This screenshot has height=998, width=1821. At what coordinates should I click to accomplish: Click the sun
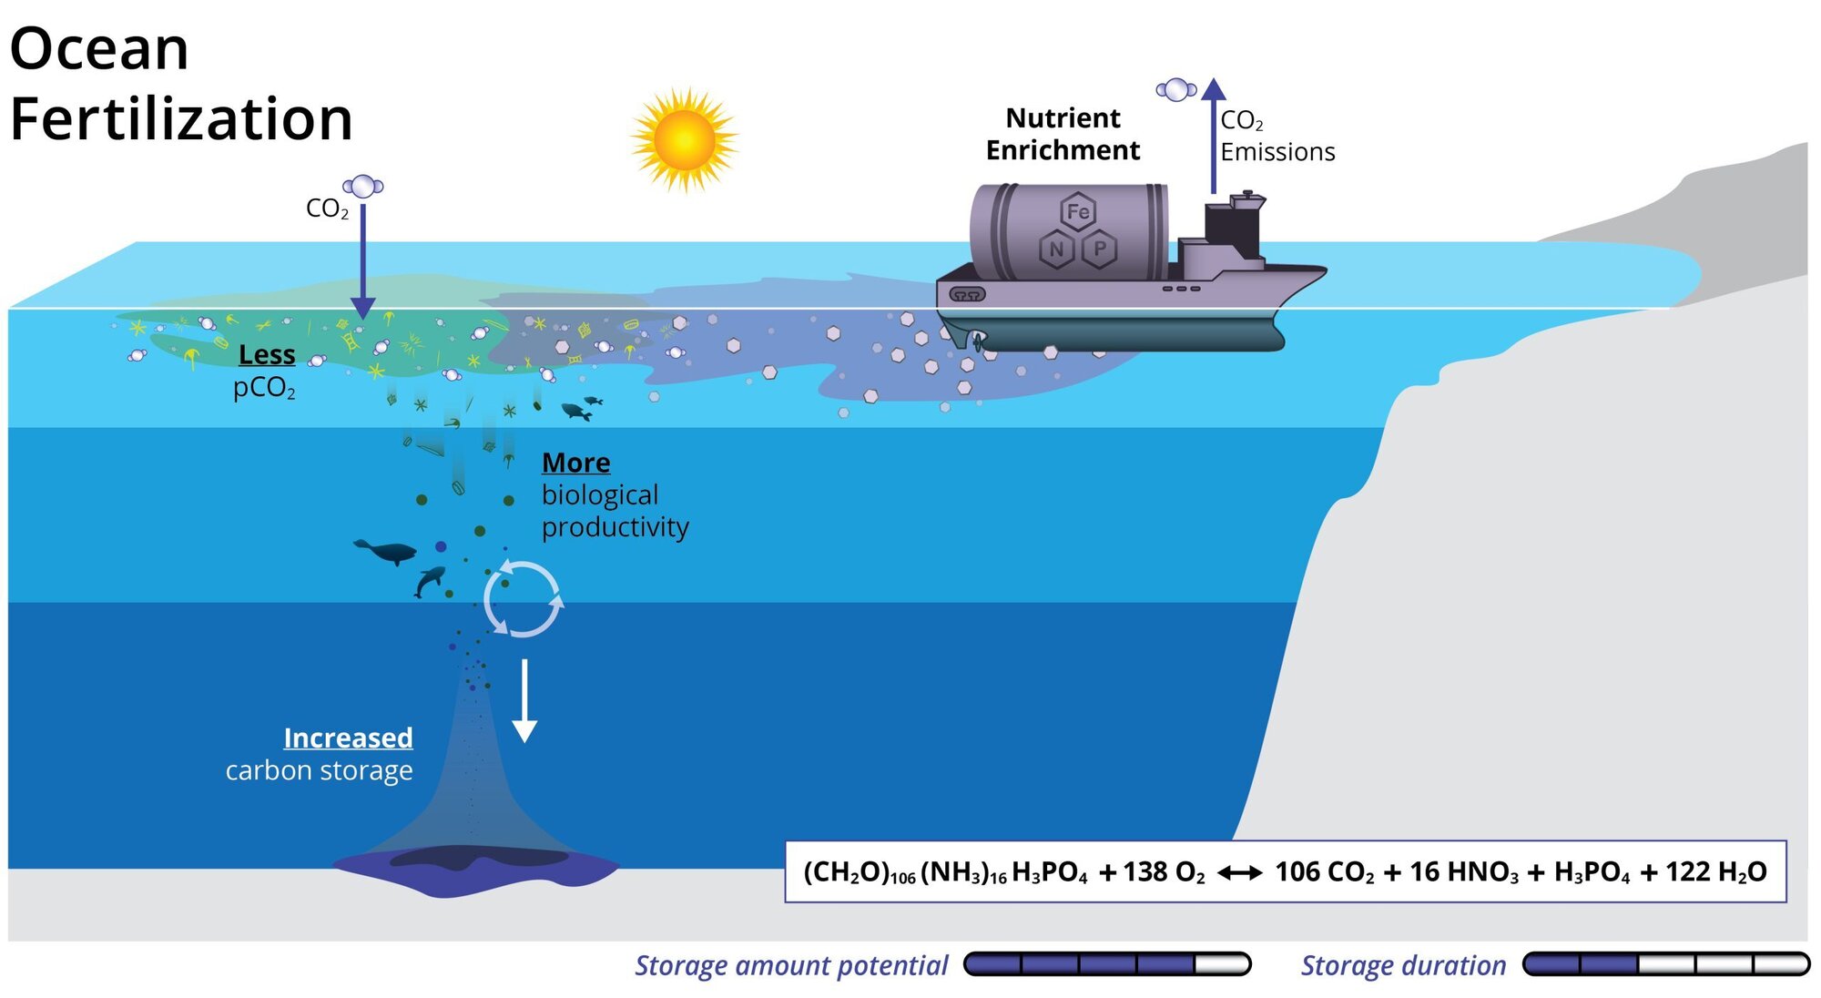point(685,140)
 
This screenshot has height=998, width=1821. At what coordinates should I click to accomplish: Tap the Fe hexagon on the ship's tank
point(1078,212)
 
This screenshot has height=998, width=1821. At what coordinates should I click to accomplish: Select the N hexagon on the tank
point(1057,249)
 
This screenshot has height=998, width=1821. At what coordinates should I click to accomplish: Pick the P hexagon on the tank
point(1100,249)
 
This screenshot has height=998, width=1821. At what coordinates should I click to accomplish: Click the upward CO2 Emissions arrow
point(1213,137)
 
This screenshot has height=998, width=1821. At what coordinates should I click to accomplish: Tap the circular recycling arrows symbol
point(523,599)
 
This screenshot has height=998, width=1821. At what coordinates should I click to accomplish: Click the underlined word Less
point(267,354)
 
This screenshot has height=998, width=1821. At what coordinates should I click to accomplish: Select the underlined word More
point(575,463)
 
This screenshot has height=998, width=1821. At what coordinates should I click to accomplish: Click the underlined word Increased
point(348,738)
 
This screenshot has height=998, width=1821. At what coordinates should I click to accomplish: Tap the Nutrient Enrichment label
point(1063,134)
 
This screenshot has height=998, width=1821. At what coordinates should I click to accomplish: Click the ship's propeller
point(977,341)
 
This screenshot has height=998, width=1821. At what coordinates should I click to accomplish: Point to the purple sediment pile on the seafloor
point(476,869)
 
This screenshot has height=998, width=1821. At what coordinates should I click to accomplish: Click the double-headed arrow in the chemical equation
point(1239,873)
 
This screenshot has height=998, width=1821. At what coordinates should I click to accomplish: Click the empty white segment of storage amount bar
point(1221,964)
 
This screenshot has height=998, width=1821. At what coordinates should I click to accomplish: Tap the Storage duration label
point(1402,965)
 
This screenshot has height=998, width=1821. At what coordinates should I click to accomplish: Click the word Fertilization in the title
point(181,119)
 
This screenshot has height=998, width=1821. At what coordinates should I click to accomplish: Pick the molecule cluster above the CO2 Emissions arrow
point(1175,89)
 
